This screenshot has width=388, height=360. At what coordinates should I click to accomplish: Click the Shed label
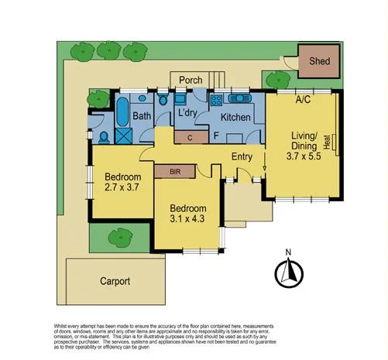click(x=318, y=60)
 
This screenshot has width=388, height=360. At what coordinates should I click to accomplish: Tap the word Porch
click(x=191, y=81)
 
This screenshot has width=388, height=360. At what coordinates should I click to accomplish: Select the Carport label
click(x=115, y=281)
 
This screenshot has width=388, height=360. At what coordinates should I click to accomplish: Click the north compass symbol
click(x=287, y=271)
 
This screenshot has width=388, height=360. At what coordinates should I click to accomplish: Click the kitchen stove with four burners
click(x=215, y=100)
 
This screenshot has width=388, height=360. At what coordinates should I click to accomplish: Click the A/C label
click(x=304, y=100)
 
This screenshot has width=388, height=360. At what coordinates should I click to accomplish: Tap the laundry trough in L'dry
click(x=179, y=100)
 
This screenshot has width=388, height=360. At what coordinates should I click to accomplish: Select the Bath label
click(x=142, y=116)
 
